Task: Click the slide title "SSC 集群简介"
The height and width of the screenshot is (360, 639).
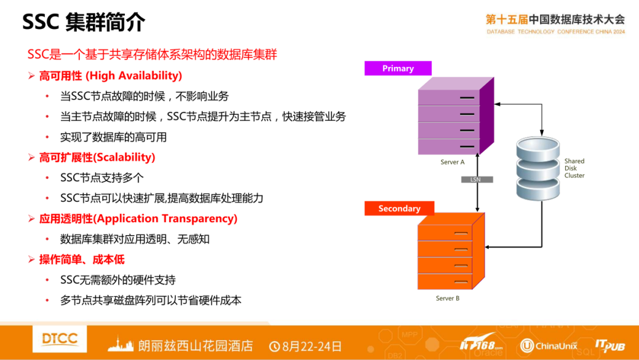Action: coord(83,22)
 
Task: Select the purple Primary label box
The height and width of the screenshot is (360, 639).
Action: coord(398,69)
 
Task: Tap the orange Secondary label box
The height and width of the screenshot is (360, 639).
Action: coord(399,208)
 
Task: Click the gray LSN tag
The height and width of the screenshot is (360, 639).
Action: coord(477,179)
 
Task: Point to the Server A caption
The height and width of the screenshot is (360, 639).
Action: coord(453,162)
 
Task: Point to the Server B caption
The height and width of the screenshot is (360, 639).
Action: coord(447,298)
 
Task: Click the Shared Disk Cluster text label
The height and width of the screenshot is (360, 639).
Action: coord(574,168)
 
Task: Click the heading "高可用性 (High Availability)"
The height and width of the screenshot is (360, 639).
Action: coord(110,76)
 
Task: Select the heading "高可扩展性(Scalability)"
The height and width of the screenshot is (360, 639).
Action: coord(97,157)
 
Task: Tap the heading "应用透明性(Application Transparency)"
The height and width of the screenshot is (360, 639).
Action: coord(138,218)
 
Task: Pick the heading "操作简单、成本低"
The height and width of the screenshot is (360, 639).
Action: coord(82,259)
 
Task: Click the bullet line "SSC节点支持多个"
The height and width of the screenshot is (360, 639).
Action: coord(102,178)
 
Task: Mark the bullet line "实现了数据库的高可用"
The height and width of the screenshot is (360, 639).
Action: coord(114,137)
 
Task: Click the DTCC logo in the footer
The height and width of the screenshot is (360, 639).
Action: coord(60,339)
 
